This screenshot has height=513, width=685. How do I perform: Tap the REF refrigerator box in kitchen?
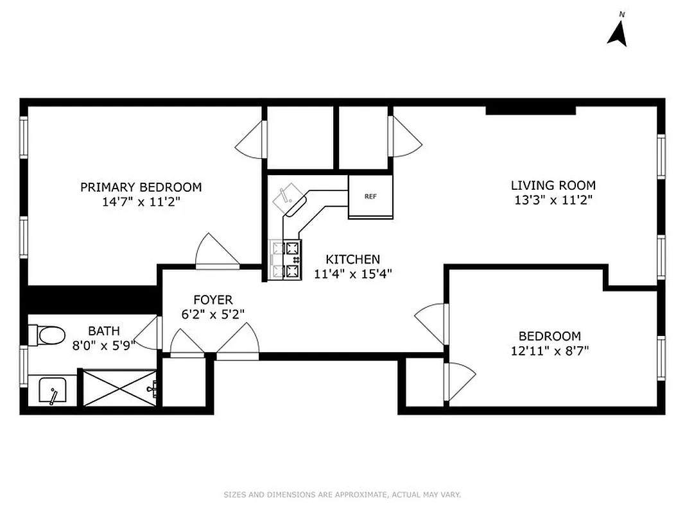click(370, 197)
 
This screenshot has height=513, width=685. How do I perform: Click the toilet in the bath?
click(48, 334)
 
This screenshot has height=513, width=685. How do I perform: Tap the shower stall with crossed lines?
click(118, 387)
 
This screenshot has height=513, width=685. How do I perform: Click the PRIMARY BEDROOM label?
click(141, 187)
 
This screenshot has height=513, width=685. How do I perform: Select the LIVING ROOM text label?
click(553, 185)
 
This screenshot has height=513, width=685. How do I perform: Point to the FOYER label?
click(212, 299)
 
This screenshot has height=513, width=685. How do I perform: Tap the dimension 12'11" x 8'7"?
click(550, 351)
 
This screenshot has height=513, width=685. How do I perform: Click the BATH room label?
click(103, 331)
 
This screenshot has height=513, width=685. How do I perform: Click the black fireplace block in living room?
click(530, 110)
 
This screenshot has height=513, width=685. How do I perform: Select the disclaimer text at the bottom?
click(342, 494)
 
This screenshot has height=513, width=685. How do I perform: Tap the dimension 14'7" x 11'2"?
click(141, 201)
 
